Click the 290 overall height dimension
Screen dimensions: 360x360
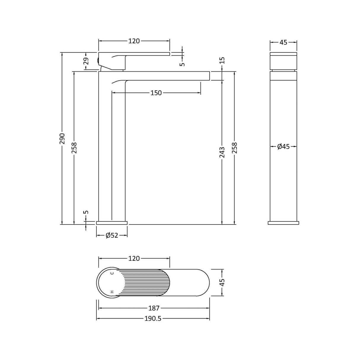[62, 138]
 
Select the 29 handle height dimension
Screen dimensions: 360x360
[86, 61]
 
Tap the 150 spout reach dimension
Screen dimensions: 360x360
[156, 93]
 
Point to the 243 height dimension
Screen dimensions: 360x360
[222, 152]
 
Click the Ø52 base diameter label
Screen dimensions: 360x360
[112, 235]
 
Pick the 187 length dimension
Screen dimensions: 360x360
[154, 308]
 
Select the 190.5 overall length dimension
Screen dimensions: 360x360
[153, 318]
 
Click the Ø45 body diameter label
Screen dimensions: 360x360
[283, 146]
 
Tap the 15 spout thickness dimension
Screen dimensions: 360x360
[222, 61]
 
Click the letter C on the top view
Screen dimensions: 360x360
[112, 273]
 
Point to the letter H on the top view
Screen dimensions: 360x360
[112, 292]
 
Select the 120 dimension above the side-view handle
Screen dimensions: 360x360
[134, 41]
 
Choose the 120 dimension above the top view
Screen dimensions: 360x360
[134, 259]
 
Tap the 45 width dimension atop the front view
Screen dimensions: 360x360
[283, 42]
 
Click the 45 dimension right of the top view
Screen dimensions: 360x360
[222, 282]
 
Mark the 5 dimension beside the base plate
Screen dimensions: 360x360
[86, 212]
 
